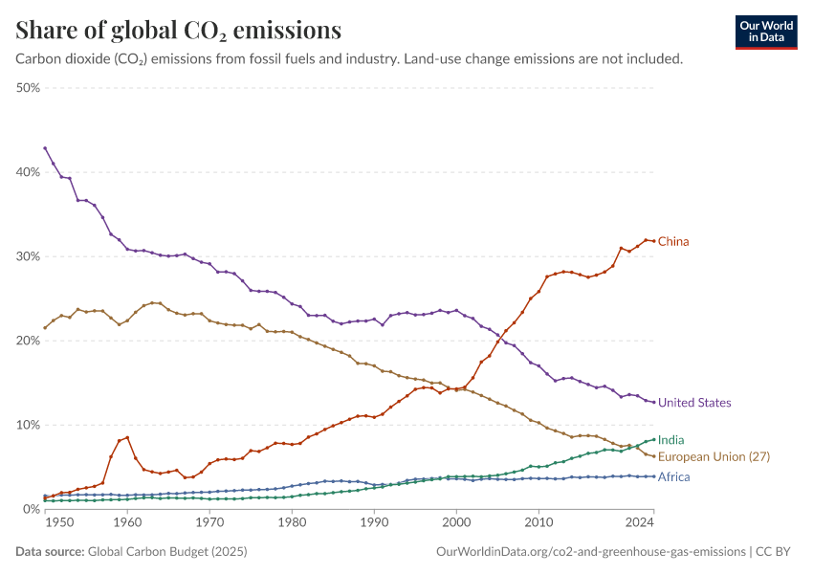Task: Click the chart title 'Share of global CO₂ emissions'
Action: [x=179, y=31]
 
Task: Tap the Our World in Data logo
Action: [x=766, y=32]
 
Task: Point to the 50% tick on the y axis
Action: [x=27, y=88]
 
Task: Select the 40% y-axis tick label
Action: [x=27, y=172]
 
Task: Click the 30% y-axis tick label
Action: [x=27, y=256]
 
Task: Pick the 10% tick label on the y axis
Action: [x=27, y=425]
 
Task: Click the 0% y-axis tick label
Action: [x=31, y=509]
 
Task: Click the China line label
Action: [x=673, y=242]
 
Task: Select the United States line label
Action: [x=694, y=403]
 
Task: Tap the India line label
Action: [x=671, y=440]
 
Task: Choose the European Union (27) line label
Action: [x=714, y=457]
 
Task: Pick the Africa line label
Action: [x=674, y=476]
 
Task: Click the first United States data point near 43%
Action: [x=45, y=148]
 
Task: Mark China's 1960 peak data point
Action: [x=127, y=437]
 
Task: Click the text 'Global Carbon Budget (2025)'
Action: [x=166, y=552]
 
